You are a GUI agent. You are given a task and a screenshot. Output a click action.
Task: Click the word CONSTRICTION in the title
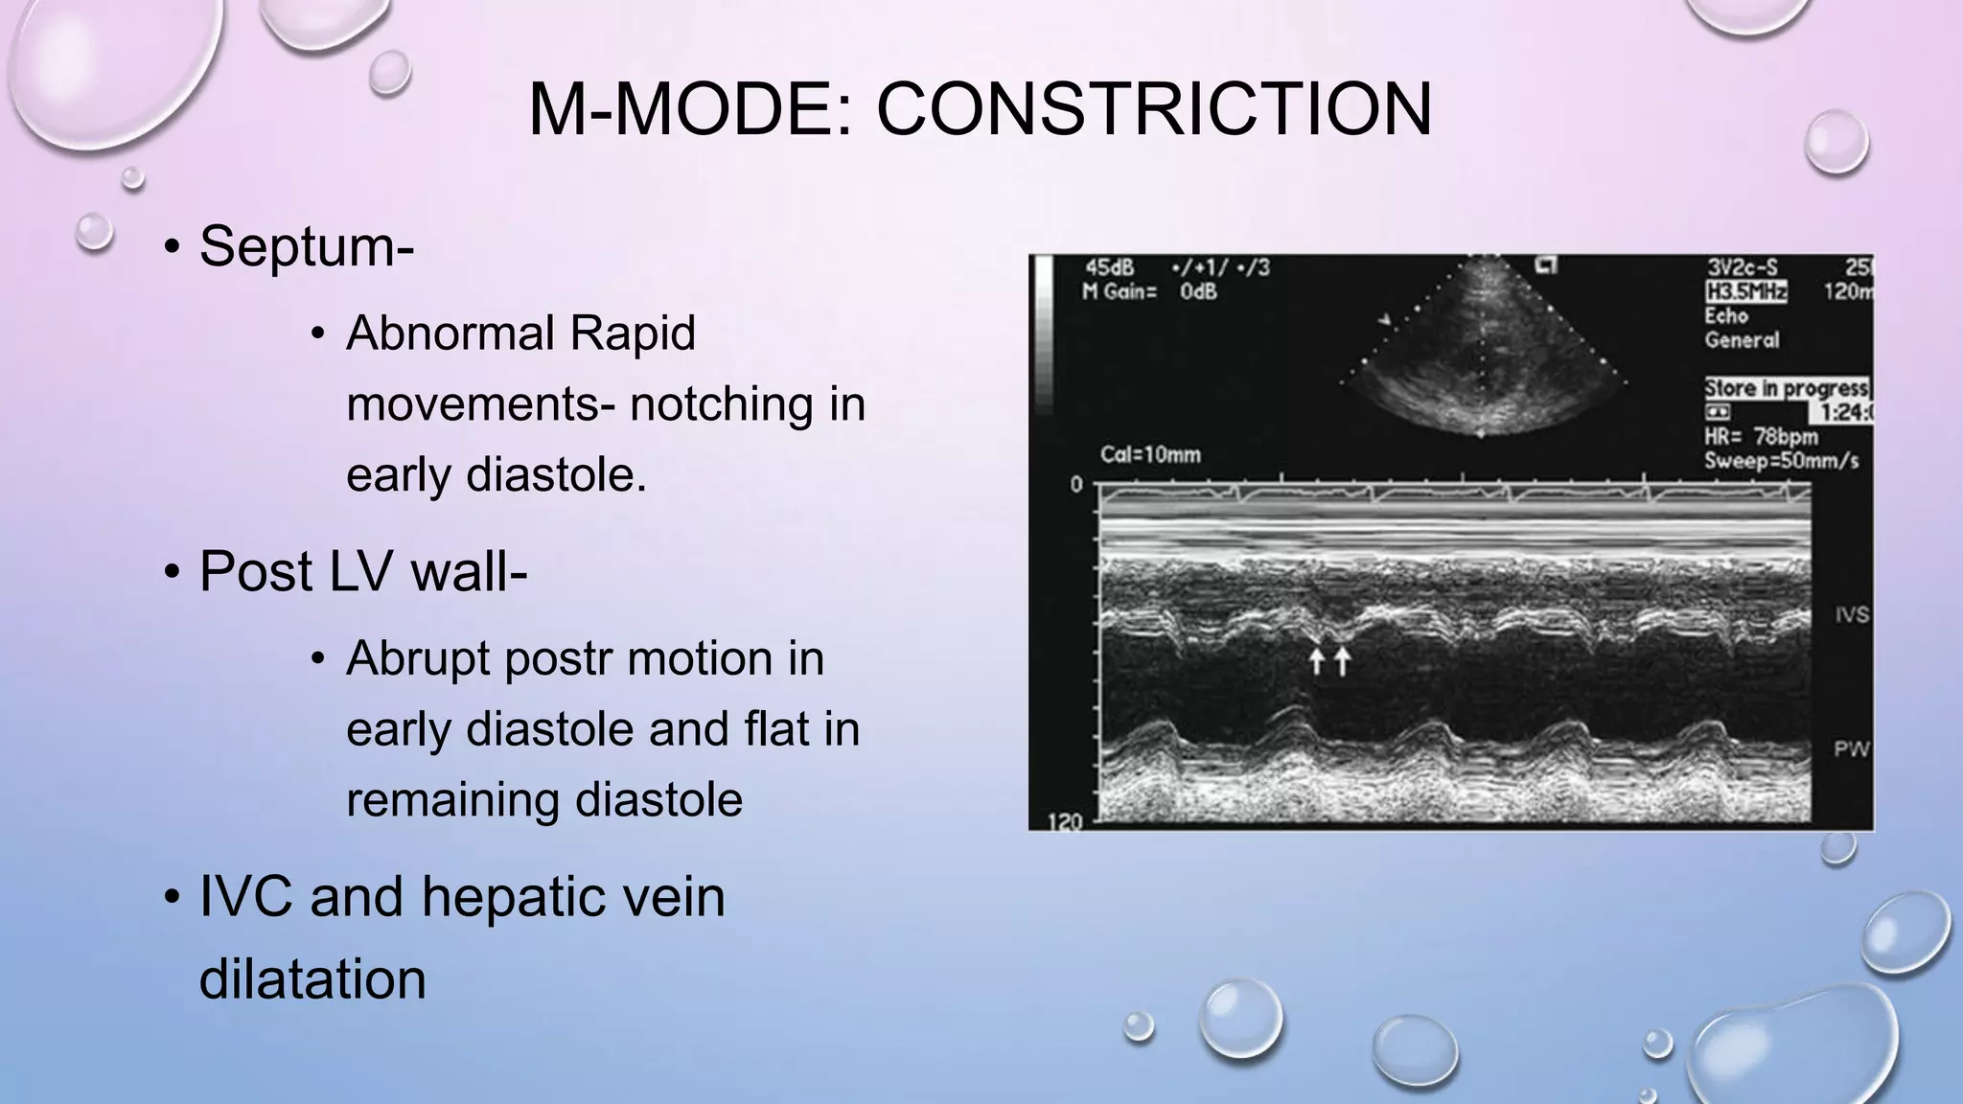tap(1154, 109)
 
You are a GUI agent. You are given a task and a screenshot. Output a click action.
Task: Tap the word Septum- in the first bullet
tap(306, 246)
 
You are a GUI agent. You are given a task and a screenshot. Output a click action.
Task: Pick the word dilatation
tap(312, 979)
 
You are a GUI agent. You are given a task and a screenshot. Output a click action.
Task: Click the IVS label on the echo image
tap(1852, 614)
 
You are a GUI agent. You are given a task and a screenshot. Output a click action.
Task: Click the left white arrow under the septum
tap(1317, 660)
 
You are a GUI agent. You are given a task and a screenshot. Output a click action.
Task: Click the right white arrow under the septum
tap(1342, 660)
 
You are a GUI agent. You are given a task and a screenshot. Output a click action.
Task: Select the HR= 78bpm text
tap(1761, 437)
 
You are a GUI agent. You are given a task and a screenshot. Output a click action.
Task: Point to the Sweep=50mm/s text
tap(1781, 461)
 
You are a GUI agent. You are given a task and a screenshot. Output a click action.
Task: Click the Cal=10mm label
tap(1150, 454)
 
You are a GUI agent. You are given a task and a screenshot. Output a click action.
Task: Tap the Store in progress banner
tap(1786, 388)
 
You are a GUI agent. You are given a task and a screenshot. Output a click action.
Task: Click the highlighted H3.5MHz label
tap(1744, 291)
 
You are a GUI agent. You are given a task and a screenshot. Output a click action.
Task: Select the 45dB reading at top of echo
tap(1109, 267)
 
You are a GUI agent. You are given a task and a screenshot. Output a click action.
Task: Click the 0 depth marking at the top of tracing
tap(1075, 485)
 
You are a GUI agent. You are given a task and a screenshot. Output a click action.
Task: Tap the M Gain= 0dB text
tap(1149, 291)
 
